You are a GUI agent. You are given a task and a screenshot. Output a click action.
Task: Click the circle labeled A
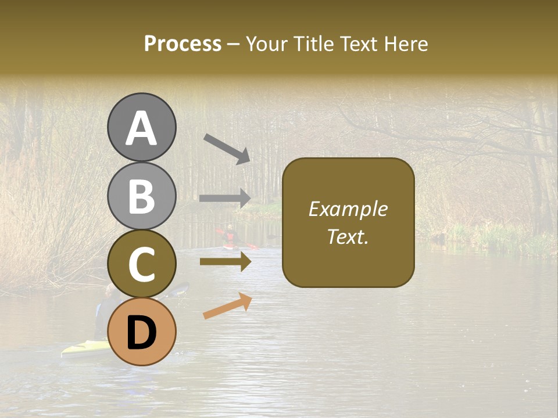141,127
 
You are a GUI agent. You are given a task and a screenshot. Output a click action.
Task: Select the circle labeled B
141,196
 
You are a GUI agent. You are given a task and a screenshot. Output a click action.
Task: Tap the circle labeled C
141,264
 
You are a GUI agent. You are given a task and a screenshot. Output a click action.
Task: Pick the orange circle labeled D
141,331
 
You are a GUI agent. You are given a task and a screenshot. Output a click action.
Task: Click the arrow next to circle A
227,149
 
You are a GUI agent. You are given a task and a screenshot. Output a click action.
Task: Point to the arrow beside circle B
225,198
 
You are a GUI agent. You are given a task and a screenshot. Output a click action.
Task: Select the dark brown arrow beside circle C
225,262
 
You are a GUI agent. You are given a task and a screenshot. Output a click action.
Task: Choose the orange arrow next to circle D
227,306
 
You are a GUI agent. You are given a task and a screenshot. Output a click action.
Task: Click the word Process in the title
183,44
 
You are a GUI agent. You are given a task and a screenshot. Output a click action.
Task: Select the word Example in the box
348,209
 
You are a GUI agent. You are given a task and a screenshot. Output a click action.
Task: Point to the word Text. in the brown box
348,236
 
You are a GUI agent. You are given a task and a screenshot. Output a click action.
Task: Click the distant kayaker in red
231,236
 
